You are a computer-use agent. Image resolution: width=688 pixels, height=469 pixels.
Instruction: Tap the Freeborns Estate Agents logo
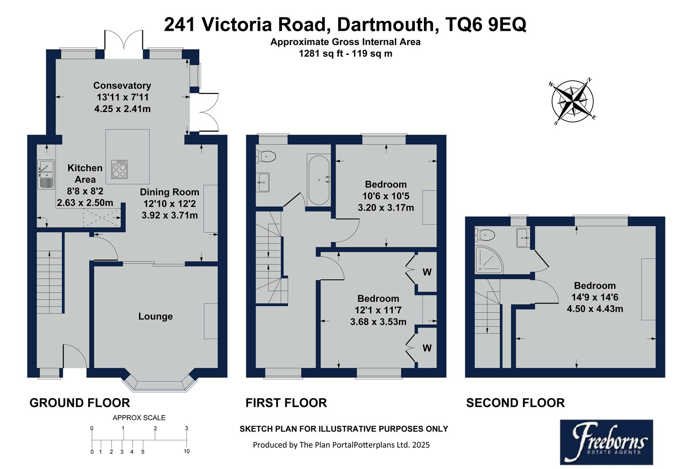point(606,442)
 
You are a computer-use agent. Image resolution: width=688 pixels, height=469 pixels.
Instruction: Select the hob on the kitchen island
point(120,169)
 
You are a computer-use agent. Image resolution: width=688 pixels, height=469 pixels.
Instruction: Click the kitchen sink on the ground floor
point(46,174)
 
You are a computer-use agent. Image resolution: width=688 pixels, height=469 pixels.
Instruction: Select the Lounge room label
point(155,317)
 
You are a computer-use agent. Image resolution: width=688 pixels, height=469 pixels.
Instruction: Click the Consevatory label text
point(122,86)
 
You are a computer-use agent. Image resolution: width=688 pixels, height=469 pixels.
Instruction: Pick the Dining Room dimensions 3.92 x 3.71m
point(169,215)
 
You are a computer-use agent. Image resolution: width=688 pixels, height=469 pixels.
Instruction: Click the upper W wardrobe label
point(427,272)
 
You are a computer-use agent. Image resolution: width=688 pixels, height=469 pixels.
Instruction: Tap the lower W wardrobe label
point(427,348)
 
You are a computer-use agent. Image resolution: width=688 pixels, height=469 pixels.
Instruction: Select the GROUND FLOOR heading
point(79,403)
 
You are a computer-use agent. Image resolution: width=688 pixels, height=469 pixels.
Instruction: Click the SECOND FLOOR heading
point(515,403)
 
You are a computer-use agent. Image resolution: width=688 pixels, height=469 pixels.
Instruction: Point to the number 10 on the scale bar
point(187,451)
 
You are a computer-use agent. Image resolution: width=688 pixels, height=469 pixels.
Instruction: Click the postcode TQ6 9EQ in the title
point(486,25)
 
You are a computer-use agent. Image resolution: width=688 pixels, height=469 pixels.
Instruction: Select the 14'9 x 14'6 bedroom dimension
point(594,297)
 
